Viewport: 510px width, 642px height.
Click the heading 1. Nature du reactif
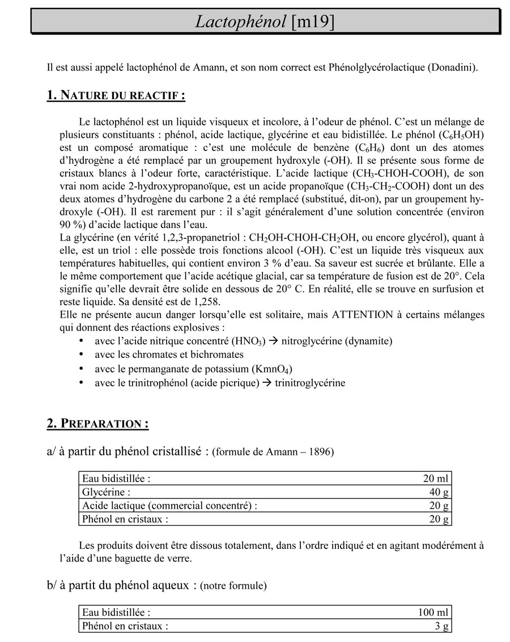coord(116,95)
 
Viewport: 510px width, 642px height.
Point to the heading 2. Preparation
coord(97,424)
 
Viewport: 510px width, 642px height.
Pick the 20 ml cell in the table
coord(436,478)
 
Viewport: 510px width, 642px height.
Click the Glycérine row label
coord(106,492)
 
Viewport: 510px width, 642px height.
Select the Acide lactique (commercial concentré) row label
coord(169,505)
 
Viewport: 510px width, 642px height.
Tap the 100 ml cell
coord(433,613)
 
